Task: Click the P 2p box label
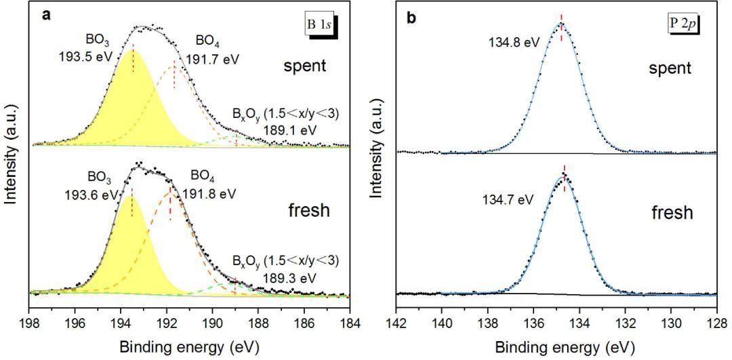(x=683, y=24)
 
